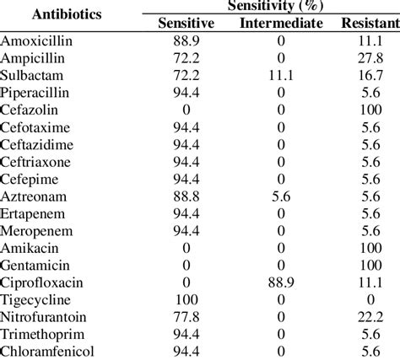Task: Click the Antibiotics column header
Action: click(x=53, y=14)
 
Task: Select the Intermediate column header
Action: click(x=280, y=23)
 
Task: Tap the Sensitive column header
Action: click(x=186, y=23)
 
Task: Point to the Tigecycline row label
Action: click(x=35, y=299)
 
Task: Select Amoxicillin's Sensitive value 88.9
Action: click(x=186, y=40)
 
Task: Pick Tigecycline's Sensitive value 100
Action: click(x=186, y=299)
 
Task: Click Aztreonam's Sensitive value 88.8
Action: click(x=186, y=196)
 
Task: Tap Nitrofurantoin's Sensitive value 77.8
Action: click(x=186, y=316)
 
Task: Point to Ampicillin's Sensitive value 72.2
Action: click(x=186, y=57)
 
